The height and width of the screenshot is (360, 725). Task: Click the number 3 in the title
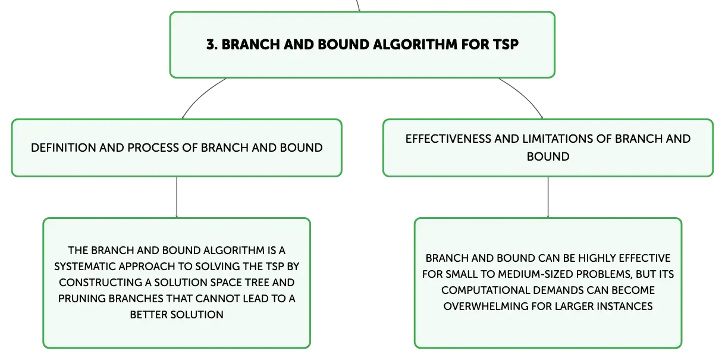tap(212, 45)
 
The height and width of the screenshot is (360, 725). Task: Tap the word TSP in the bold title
tap(505, 45)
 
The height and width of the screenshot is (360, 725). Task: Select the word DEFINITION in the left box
tap(63, 148)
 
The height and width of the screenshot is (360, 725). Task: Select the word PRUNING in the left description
tap(81, 299)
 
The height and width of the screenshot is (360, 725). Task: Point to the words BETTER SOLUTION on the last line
tap(177, 315)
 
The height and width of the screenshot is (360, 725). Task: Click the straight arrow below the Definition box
tap(177, 197)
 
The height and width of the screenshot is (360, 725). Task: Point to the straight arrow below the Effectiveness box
tap(548, 197)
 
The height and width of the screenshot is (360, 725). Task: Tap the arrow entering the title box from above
tap(358, 6)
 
